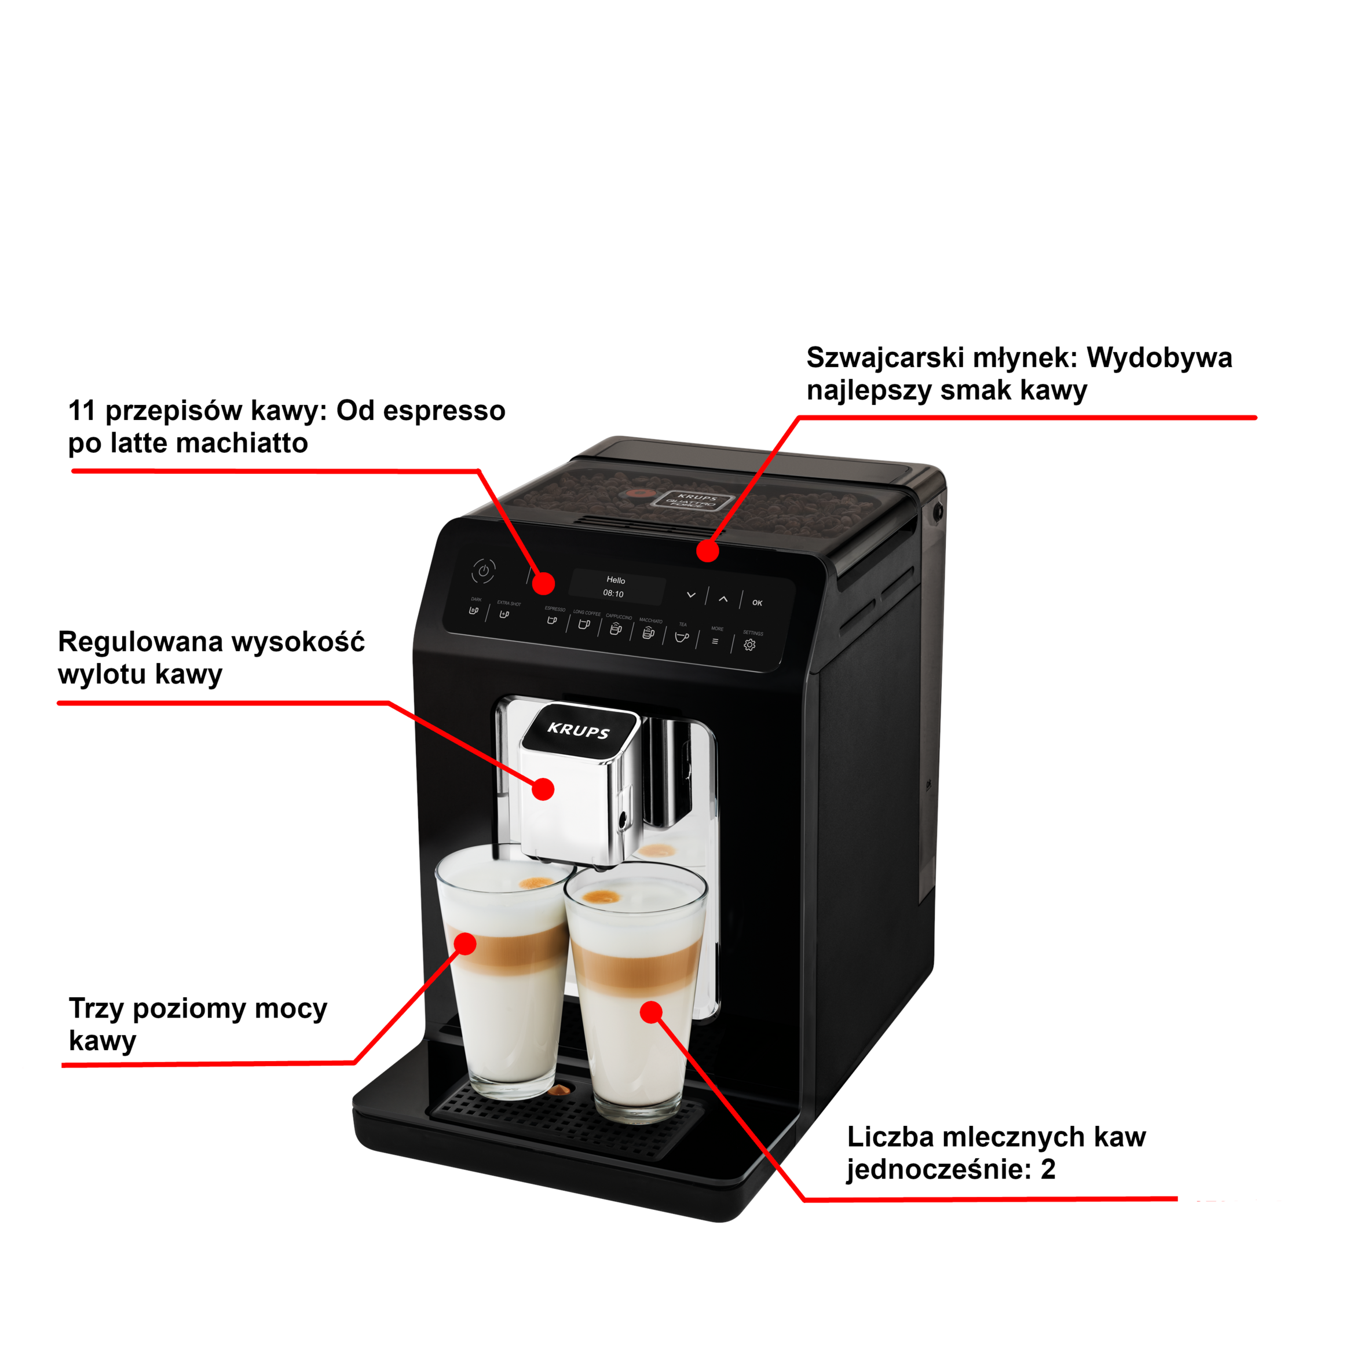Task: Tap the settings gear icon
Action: [749, 645]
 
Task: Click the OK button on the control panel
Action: [757, 602]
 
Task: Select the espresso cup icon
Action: [551, 620]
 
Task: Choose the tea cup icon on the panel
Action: [681, 637]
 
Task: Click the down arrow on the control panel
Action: [691, 595]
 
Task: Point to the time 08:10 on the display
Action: [613, 594]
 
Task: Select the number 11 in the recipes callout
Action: [82, 411]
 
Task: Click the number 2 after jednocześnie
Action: [1048, 1169]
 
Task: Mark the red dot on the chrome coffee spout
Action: [543, 789]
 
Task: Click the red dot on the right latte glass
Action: [651, 1012]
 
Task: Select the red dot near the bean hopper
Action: [707, 550]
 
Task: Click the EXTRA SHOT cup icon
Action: [504, 614]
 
